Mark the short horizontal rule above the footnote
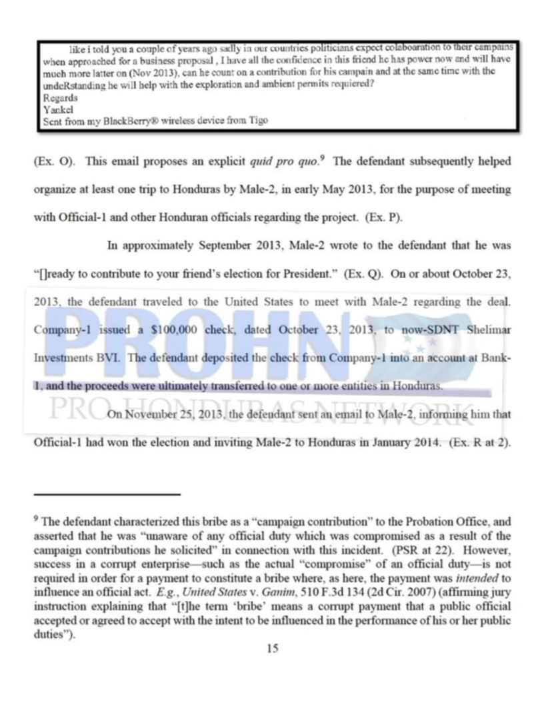pyautogui.click(x=107, y=494)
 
